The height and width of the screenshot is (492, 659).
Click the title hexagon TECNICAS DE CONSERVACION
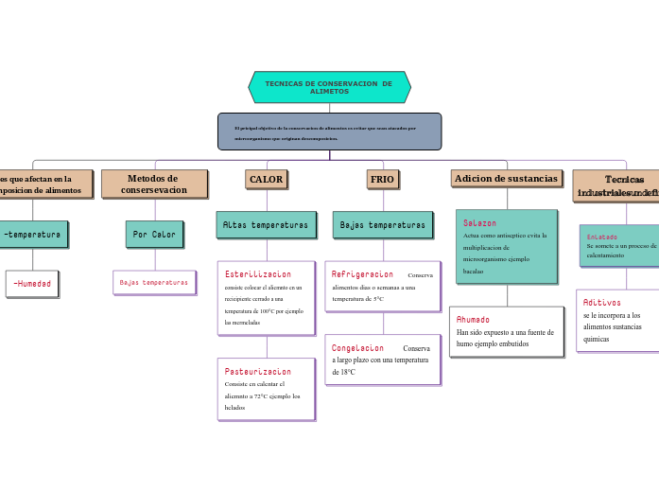point(329,87)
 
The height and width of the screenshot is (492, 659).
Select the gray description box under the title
point(329,132)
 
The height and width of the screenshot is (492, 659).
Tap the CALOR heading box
point(266,179)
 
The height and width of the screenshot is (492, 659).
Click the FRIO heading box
point(382,179)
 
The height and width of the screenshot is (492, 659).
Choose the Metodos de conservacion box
point(153,184)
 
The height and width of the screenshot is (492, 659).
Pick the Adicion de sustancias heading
point(506,178)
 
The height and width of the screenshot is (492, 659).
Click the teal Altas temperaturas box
point(265,225)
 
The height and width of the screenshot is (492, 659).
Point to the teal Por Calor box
point(154,234)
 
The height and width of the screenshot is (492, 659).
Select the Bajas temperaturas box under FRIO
point(382,225)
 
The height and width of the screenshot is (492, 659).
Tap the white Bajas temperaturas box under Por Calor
point(154,282)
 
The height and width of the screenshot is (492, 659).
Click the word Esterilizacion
point(257,274)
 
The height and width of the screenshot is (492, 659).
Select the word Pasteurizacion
point(257,372)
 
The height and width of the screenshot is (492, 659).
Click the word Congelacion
point(357,348)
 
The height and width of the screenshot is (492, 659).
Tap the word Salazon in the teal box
point(479,223)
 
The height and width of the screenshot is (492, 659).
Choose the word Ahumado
point(473,320)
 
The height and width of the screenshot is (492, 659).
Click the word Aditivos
point(601,303)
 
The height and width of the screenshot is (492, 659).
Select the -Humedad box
point(32,284)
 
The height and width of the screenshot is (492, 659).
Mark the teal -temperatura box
point(32,234)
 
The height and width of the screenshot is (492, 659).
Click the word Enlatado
point(601,237)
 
